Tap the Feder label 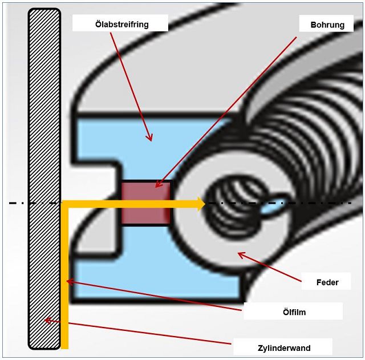point(327,282)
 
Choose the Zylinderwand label point(282,346)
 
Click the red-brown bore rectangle point(146,203)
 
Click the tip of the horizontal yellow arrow point(203,204)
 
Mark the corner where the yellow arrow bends point(65,204)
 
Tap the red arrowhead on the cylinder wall point(47,320)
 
